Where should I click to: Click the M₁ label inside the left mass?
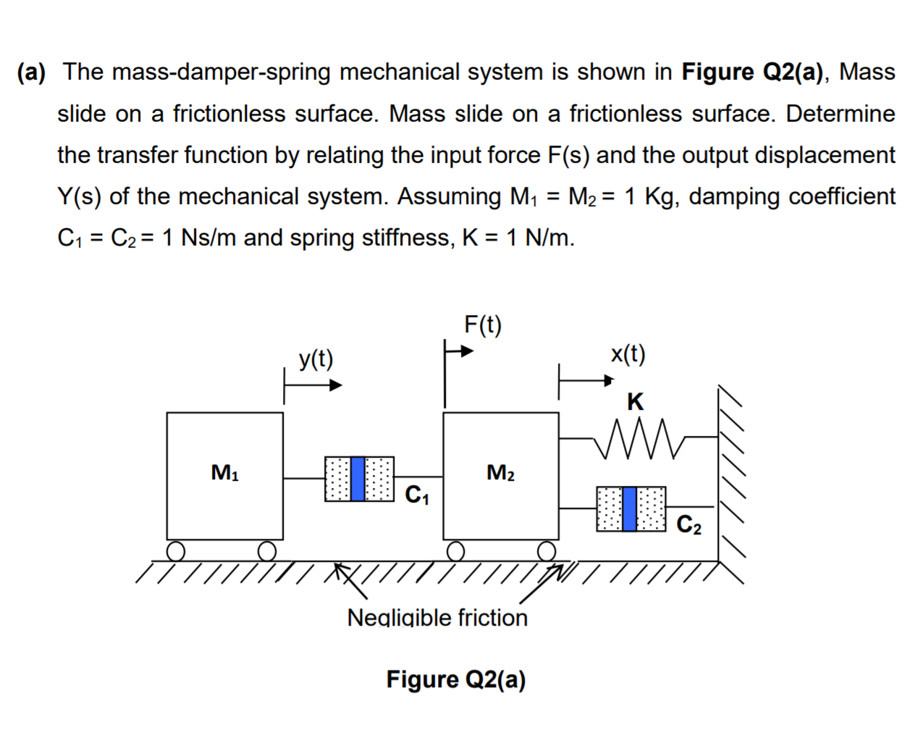pyautogui.click(x=224, y=473)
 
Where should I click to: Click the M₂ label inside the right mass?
pyautogui.click(x=500, y=473)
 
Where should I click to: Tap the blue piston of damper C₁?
pyautogui.click(x=358, y=479)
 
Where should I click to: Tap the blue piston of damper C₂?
pyautogui.click(x=629, y=508)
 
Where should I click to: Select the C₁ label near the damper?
pyautogui.click(x=417, y=495)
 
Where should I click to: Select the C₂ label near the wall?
pyautogui.click(x=688, y=524)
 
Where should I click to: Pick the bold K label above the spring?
pyautogui.click(x=635, y=401)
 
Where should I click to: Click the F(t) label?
pyautogui.click(x=482, y=324)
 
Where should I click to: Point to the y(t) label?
pyautogui.click(x=316, y=358)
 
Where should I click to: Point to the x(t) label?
pyautogui.click(x=628, y=353)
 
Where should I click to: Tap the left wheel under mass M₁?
pyautogui.click(x=176, y=552)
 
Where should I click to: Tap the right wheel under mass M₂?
pyautogui.click(x=547, y=552)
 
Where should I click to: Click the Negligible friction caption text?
pyautogui.click(x=437, y=618)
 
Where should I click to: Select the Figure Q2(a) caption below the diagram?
pyautogui.click(x=455, y=679)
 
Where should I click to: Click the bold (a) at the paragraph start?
pyautogui.click(x=31, y=72)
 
